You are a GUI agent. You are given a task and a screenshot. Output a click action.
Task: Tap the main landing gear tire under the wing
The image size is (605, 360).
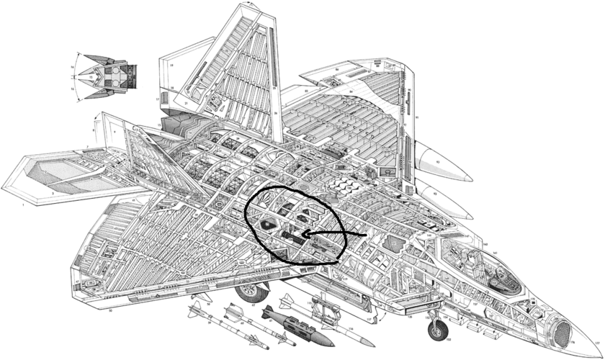coord(250,291)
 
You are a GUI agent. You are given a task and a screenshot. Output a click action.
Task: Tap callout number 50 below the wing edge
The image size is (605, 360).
coord(109,311)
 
